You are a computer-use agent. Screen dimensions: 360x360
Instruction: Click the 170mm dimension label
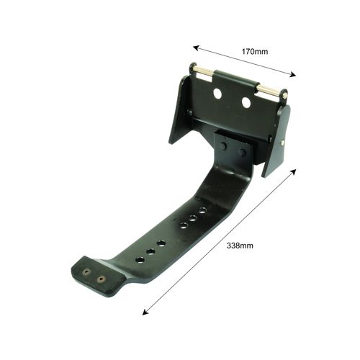[255, 52]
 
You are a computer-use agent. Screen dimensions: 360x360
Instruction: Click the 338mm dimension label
[240, 246]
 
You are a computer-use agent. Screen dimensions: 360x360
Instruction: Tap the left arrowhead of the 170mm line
[197, 48]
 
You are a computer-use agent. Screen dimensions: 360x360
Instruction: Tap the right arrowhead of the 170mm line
[293, 75]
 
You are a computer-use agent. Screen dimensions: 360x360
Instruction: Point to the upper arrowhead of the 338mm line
[293, 172]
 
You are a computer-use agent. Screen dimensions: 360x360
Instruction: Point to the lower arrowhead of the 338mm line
[145, 312]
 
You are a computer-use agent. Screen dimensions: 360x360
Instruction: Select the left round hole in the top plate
[217, 93]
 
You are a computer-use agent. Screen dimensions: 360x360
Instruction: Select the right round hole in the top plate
[246, 102]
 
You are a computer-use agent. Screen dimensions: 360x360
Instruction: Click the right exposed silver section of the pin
[269, 90]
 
